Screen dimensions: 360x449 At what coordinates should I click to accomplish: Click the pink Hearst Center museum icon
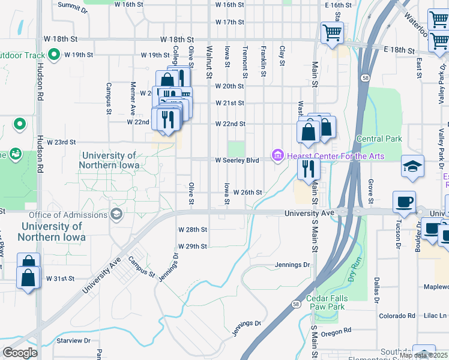(277, 155)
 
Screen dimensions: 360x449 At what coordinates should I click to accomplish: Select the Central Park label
(378, 139)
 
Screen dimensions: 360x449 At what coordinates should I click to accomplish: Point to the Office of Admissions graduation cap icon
(116, 214)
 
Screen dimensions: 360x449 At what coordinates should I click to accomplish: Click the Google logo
(20, 352)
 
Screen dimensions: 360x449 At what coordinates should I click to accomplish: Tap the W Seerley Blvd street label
(237, 160)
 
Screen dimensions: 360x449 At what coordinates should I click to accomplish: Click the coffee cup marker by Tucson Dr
(404, 202)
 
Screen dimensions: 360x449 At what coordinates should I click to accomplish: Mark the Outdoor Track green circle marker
(53, 55)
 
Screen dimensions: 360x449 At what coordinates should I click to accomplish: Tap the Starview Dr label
(73, 340)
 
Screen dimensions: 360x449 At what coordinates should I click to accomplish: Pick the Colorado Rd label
(397, 316)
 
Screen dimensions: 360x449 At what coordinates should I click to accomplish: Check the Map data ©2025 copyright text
(423, 355)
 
